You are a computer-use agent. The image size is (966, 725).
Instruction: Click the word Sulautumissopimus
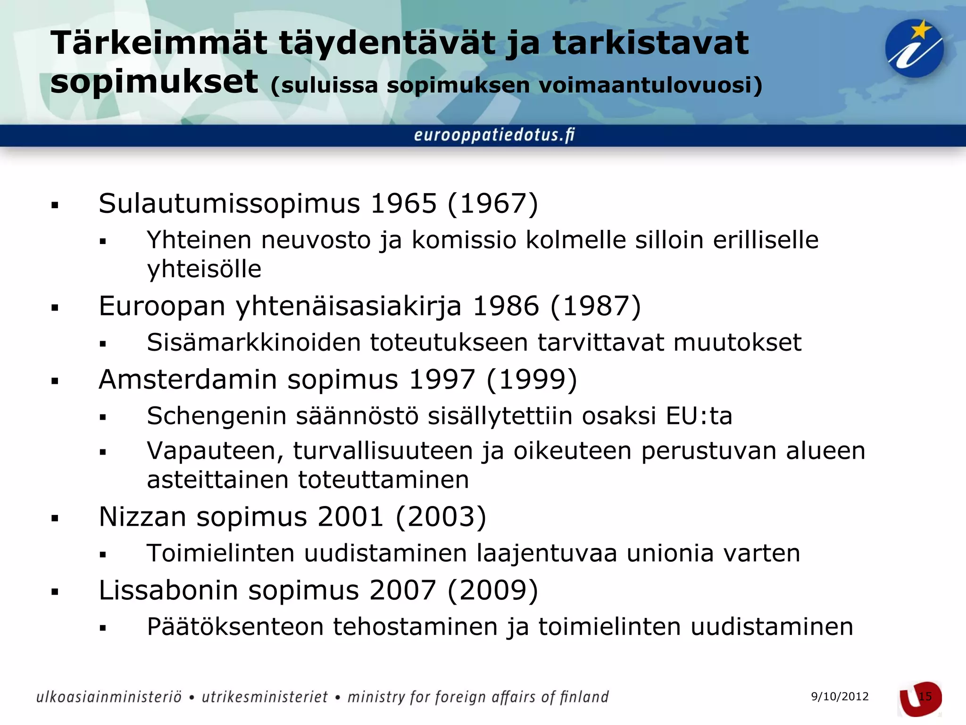229,204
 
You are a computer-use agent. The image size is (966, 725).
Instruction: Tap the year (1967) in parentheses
492,204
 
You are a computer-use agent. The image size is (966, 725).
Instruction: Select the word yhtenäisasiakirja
349,306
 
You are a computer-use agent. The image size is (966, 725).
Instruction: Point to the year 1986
505,306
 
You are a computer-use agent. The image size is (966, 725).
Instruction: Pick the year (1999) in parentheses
532,379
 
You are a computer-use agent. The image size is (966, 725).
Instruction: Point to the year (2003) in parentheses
441,517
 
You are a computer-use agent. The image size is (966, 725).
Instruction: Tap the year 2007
402,590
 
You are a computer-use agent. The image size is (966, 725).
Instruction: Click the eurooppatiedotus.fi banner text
494,135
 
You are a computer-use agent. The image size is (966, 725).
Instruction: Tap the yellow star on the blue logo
920,31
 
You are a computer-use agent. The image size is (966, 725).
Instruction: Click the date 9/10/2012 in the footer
840,697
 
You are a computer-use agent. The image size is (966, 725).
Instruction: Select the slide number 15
925,697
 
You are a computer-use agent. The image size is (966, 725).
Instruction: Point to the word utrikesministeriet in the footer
265,697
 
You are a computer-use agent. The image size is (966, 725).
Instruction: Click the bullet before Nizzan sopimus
55,519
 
